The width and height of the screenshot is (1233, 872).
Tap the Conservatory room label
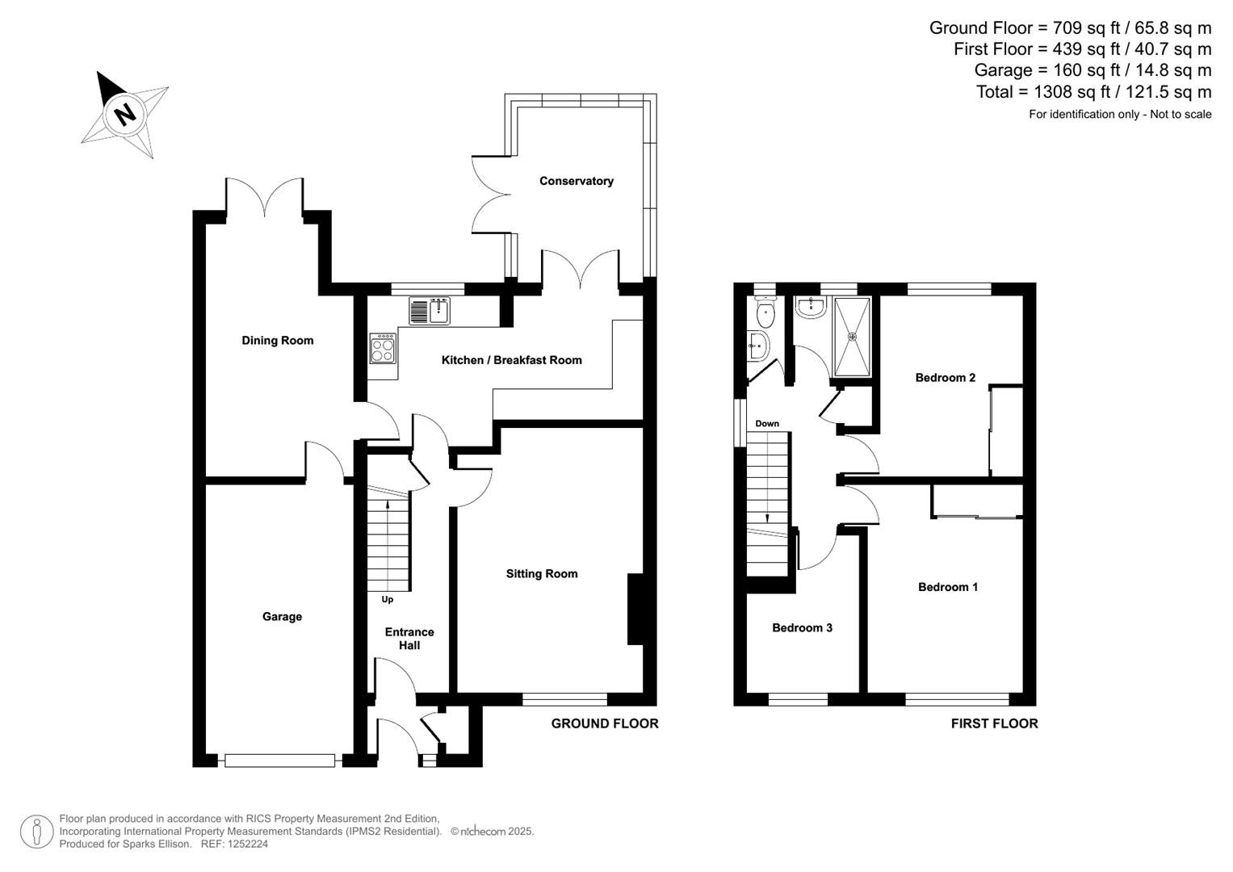(x=576, y=181)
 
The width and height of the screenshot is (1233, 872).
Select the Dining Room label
(x=277, y=341)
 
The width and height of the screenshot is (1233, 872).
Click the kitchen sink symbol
(x=430, y=311)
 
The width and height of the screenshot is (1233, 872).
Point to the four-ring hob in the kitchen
(x=383, y=349)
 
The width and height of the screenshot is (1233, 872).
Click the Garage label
(x=282, y=617)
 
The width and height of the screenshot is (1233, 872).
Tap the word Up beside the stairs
(x=388, y=600)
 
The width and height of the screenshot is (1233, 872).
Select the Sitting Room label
(x=541, y=574)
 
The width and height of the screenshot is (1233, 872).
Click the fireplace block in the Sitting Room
(x=635, y=609)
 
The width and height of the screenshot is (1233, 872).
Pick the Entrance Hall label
(x=409, y=639)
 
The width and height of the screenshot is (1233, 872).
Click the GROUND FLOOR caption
(x=604, y=723)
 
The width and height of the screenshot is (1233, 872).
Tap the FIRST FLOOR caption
(x=994, y=723)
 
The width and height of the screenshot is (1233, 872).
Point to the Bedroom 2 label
(x=945, y=378)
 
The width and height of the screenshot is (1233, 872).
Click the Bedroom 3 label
(x=802, y=628)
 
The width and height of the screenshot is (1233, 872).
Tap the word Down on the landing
(x=767, y=424)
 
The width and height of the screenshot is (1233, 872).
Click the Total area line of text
(x=1093, y=92)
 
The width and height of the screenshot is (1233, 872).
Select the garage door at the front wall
(x=279, y=760)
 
